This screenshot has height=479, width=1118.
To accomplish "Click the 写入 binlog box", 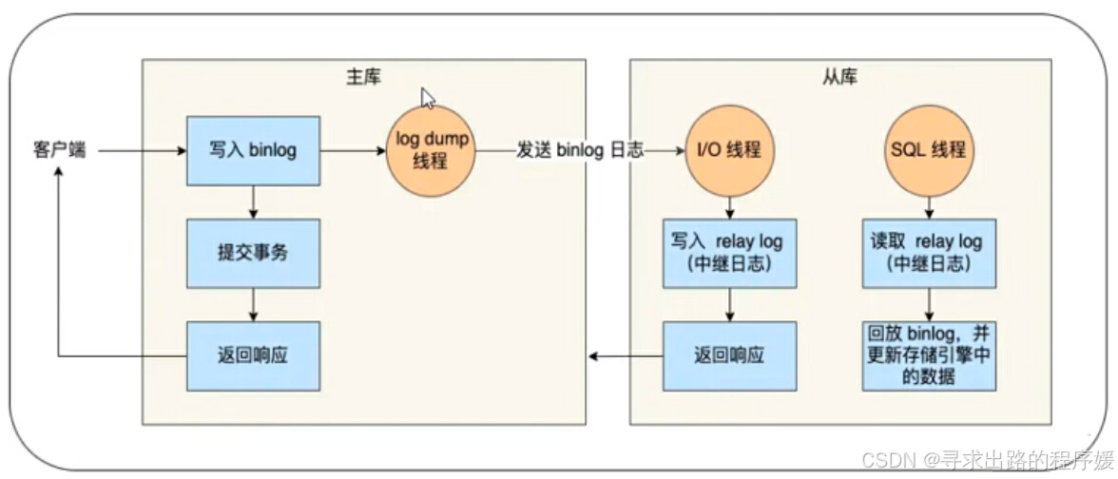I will tap(253, 150).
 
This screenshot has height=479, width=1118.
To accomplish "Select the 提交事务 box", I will tap(253, 255).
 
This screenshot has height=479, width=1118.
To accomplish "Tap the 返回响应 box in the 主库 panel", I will tap(253, 355).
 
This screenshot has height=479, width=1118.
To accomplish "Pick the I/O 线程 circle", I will tap(729, 150).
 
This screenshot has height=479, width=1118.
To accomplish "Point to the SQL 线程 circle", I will tap(929, 150).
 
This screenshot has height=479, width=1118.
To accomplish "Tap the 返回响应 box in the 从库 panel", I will tap(729, 355).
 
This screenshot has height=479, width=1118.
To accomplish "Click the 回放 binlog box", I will tap(929, 355).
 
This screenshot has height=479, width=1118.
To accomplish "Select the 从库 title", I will tap(839, 76).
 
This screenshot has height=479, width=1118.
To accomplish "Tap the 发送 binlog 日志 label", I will tap(579, 150).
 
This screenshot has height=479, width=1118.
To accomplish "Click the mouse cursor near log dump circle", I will tap(428, 98).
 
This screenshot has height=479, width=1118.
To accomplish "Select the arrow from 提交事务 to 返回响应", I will tap(253, 304).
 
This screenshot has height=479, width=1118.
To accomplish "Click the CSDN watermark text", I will tap(985, 459).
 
